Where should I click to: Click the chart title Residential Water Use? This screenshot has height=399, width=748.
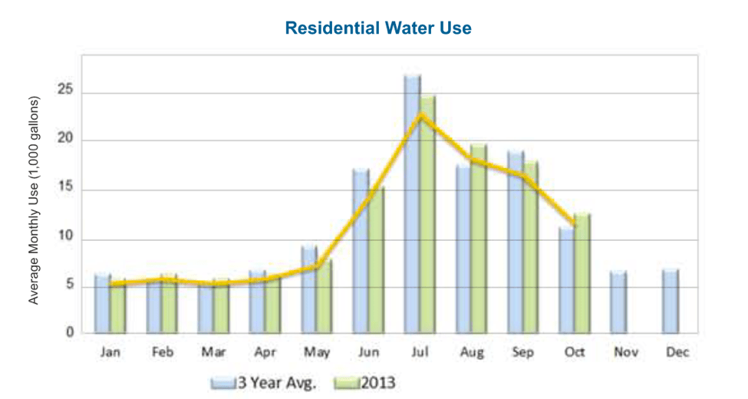[377, 28]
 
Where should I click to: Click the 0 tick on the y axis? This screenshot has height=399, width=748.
[69, 333]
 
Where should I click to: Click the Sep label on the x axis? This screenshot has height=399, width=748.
[522, 352]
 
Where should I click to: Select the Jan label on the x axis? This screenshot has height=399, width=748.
[110, 352]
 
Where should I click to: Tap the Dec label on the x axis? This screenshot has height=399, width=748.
[678, 352]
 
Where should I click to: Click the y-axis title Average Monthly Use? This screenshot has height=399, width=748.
[34, 199]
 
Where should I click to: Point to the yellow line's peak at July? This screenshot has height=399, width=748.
[421, 115]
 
